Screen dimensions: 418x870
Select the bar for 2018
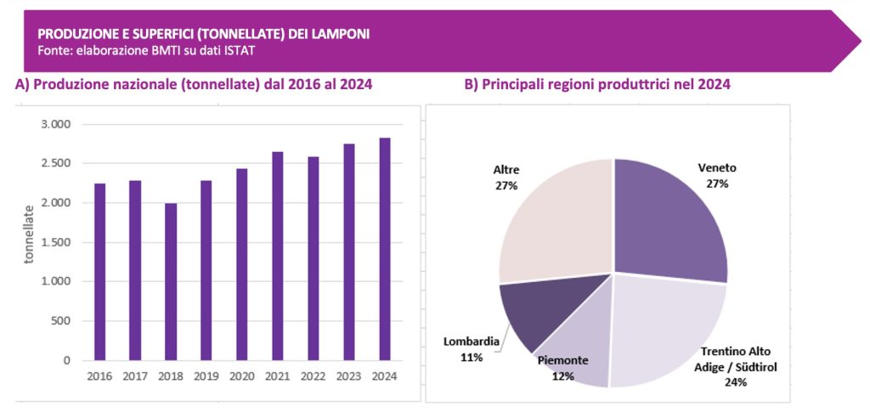171,281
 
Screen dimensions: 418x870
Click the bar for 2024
385,249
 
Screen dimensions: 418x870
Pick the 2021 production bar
278,256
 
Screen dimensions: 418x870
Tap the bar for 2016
99,272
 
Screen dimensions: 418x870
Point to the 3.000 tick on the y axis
57,125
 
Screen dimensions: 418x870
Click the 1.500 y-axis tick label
57,242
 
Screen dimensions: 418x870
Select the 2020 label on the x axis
242,375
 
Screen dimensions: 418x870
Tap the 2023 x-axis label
349,375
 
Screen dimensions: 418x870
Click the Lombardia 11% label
471,349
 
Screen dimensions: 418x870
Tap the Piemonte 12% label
562,367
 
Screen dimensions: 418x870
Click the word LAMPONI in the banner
341,34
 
